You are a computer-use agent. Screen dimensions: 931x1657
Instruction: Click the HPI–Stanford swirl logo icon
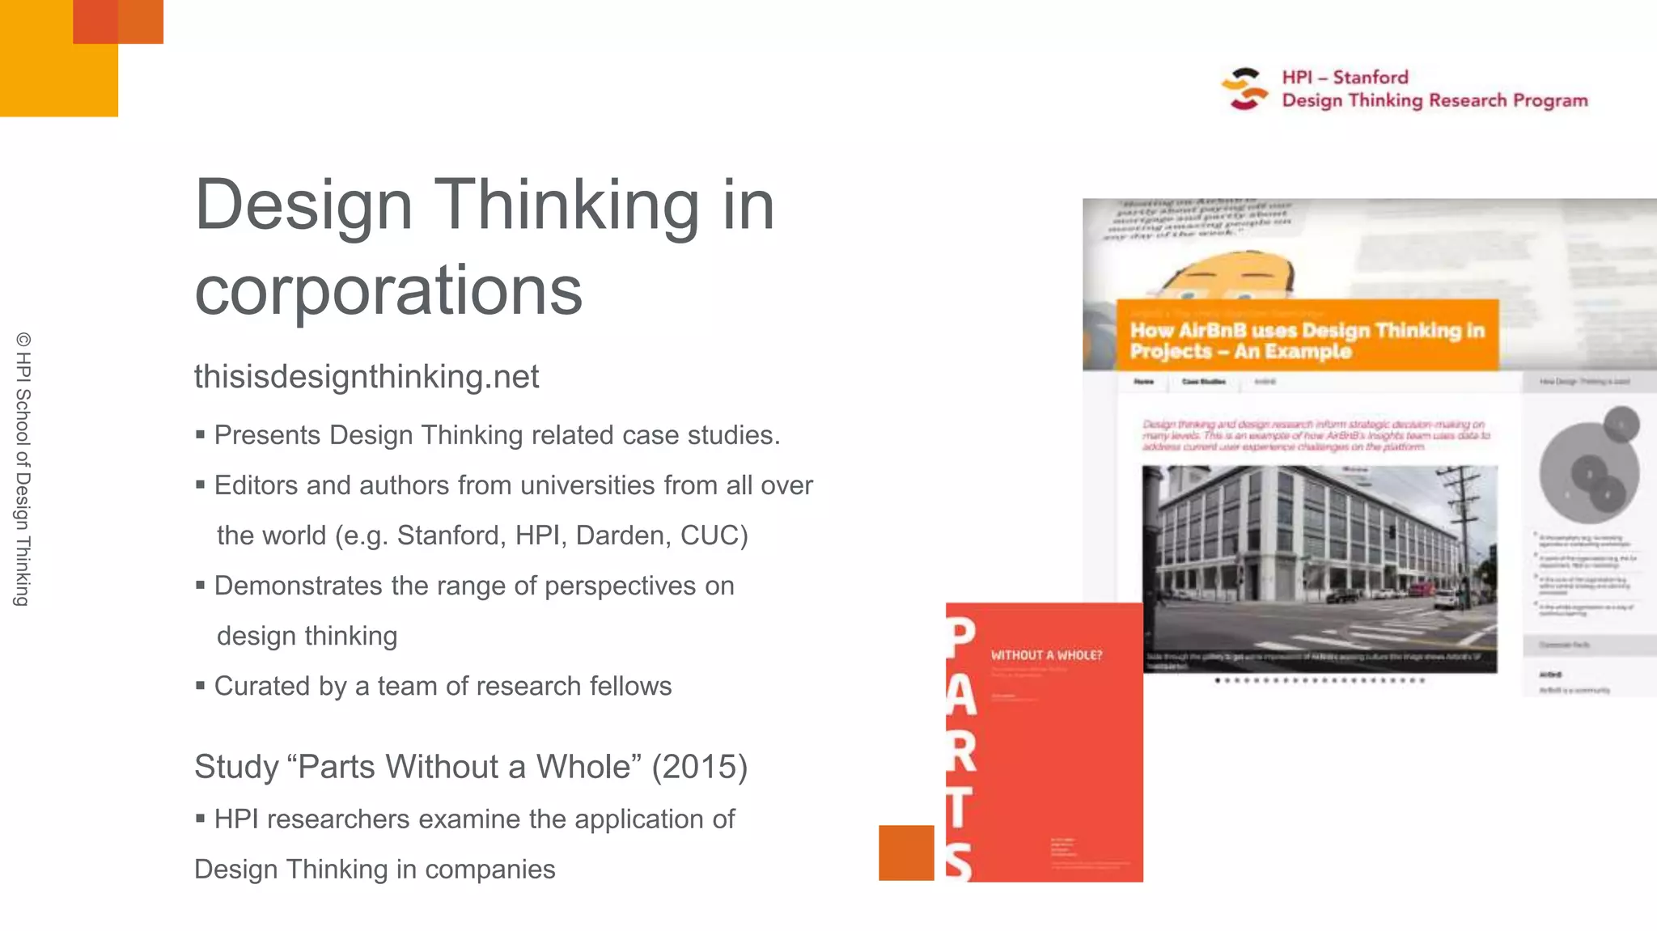point(1244,89)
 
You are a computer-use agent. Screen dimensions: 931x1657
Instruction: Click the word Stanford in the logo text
point(1371,78)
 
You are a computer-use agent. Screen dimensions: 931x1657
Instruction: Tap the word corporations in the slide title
point(388,290)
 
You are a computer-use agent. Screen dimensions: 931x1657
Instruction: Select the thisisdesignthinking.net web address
point(367,377)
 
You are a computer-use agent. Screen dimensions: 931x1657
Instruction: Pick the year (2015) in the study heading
point(700,767)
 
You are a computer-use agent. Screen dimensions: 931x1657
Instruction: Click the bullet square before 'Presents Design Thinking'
point(200,435)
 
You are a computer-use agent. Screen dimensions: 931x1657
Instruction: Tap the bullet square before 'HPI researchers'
point(200,819)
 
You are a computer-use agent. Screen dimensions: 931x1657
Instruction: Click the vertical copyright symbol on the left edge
point(23,340)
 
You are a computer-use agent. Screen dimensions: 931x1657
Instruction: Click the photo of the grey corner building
point(1319,568)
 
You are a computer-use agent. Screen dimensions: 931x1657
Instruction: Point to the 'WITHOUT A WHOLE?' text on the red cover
point(1046,655)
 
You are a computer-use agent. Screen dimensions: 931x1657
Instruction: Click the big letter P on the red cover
point(961,639)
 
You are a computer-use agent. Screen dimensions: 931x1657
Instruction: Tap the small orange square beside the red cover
point(906,853)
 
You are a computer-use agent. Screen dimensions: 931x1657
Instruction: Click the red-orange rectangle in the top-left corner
point(118,22)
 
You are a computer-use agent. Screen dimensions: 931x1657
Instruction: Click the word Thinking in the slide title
point(566,205)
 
